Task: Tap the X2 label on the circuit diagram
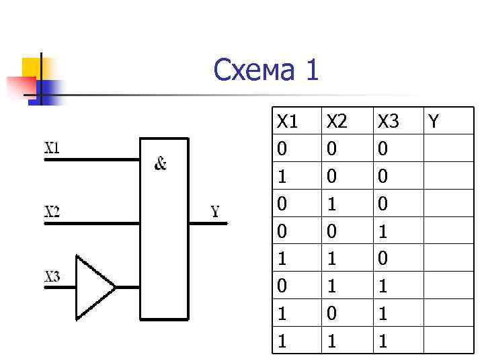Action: point(52,211)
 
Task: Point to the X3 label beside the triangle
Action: point(52,276)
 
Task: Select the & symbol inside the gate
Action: point(161,163)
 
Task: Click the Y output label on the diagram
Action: point(215,212)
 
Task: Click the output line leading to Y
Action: point(208,223)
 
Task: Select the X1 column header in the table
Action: point(287,122)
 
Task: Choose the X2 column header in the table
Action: point(337,122)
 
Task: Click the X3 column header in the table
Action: point(388,122)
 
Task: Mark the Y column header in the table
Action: point(434,122)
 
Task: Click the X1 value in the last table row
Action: point(282,341)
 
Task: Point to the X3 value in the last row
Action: point(382,341)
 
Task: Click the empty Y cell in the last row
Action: point(448,341)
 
